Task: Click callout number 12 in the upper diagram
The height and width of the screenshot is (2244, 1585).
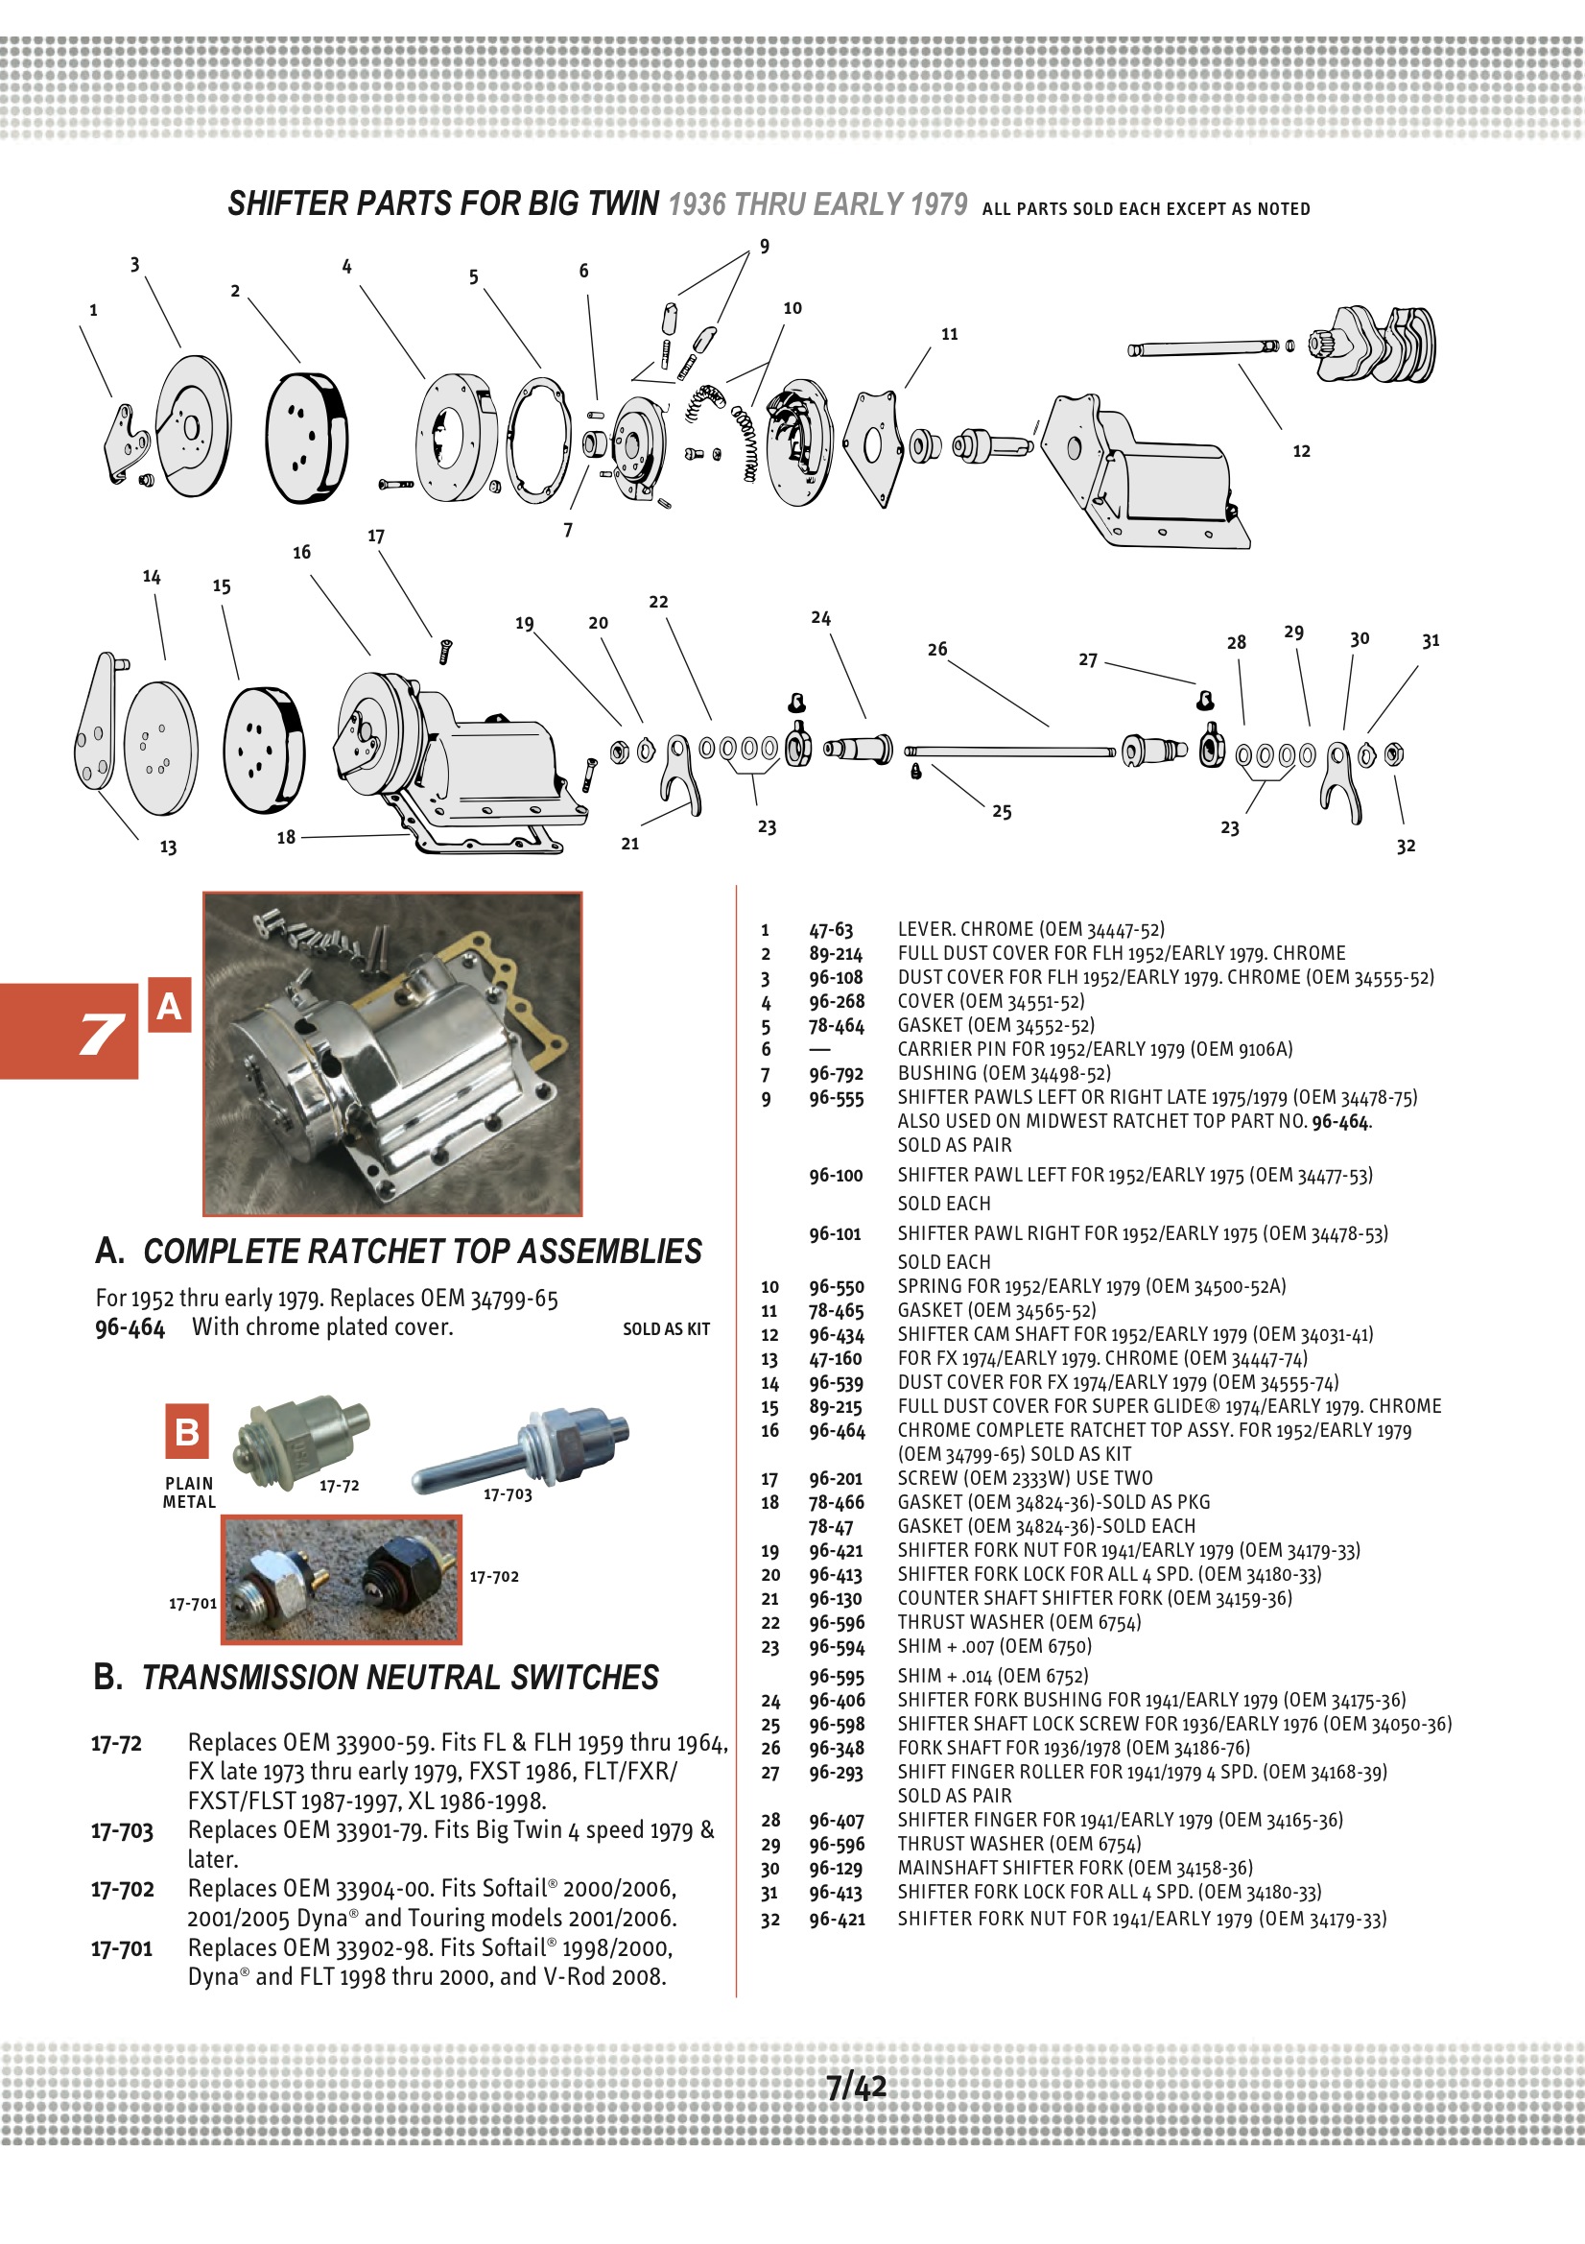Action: [x=1301, y=451]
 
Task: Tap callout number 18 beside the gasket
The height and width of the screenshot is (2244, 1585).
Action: [x=285, y=838]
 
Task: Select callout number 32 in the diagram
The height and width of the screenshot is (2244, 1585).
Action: [x=1406, y=847]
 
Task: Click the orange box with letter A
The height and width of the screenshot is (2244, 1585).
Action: [x=169, y=1006]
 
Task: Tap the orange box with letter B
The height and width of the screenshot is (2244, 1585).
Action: [x=187, y=1433]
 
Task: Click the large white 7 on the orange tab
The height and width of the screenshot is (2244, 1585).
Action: [x=102, y=1034]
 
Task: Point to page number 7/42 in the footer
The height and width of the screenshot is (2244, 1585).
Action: [x=856, y=2087]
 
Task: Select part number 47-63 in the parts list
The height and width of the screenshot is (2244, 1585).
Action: [x=831, y=929]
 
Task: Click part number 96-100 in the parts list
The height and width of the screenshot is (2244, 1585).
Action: [x=836, y=1176]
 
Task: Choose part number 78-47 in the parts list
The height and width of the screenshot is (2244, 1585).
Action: [x=831, y=1527]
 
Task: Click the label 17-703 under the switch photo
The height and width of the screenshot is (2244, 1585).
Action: [x=508, y=1494]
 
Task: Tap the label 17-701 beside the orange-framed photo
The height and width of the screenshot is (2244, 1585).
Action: [x=193, y=1604]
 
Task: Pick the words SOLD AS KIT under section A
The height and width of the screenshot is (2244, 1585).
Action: [x=667, y=1329]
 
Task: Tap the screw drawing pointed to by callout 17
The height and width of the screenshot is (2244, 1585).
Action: [x=445, y=651]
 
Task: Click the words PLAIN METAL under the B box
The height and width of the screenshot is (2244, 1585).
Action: [x=189, y=1492]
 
